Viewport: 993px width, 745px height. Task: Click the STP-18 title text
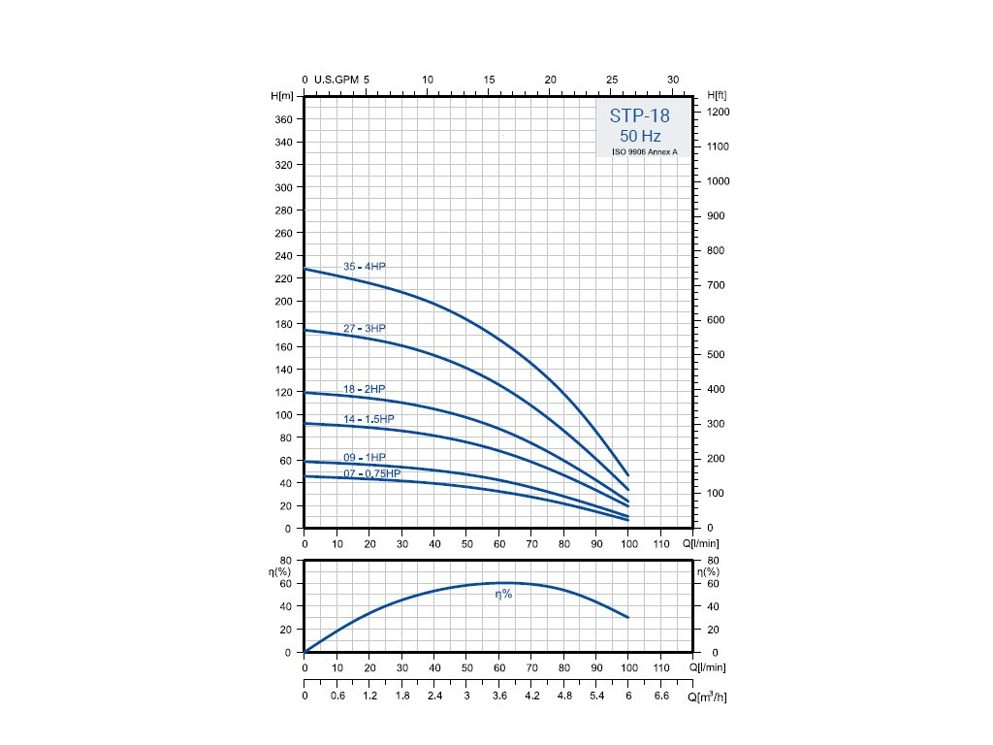click(639, 115)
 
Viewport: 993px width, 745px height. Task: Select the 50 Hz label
click(640, 137)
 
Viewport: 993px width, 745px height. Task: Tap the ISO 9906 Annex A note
click(644, 152)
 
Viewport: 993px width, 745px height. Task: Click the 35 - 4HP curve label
click(365, 267)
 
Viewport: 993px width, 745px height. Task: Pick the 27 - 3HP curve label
click(365, 329)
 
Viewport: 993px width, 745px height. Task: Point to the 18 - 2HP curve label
click(365, 389)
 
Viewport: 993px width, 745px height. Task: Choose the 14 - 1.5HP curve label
click(368, 419)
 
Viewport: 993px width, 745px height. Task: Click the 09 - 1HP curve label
click(365, 457)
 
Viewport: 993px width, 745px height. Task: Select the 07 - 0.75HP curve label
click(371, 473)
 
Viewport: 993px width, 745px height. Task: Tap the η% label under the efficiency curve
click(503, 594)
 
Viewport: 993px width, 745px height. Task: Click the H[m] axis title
click(282, 95)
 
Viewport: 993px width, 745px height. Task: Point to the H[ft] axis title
click(719, 95)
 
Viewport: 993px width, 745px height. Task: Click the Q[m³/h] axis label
click(706, 696)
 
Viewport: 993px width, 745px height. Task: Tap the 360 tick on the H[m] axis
click(283, 119)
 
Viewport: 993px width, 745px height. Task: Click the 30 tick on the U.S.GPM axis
click(674, 80)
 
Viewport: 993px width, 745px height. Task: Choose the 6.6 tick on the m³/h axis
click(660, 696)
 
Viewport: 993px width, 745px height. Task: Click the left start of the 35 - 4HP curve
click(305, 269)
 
